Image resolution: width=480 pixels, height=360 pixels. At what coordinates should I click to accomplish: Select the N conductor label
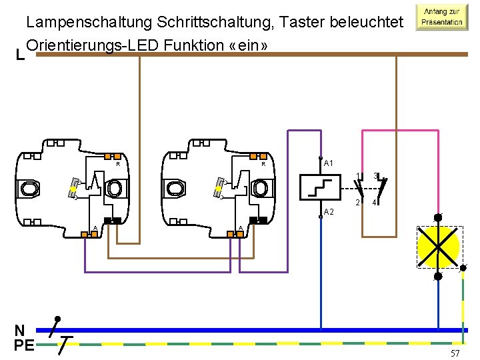[20, 330]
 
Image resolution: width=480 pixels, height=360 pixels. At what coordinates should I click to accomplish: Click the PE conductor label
[24, 345]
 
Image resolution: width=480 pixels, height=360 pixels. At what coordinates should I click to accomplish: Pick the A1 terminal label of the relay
[329, 163]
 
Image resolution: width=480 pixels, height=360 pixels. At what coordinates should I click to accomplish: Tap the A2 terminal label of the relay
[329, 211]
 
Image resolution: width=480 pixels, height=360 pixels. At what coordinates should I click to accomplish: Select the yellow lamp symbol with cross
[438, 247]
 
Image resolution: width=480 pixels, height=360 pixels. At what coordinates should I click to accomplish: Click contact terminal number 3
[375, 176]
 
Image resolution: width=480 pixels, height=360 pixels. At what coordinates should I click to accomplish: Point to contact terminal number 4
[375, 202]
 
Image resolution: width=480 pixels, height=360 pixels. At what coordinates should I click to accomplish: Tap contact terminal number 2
[358, 202]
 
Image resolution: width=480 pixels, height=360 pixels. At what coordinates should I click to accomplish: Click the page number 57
[455, 351]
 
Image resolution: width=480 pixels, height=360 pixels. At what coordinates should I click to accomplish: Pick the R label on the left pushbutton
[118, 164]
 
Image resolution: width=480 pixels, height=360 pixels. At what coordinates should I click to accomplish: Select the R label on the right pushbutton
[263, 164]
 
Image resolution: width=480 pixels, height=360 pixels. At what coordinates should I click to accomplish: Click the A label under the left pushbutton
[95, 229]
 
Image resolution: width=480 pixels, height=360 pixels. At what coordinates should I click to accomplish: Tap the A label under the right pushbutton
[240, 229]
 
